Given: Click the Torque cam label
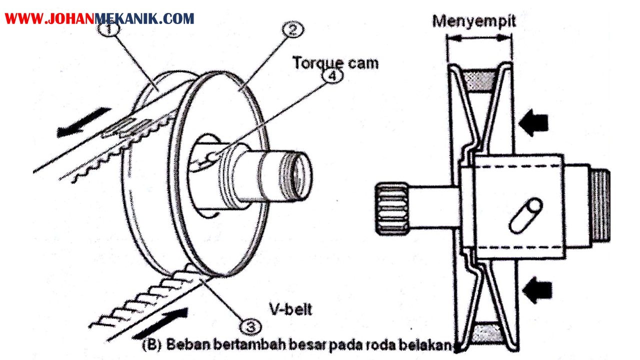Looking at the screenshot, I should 335,63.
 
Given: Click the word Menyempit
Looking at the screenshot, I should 473,21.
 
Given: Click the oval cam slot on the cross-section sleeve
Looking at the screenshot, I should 525,215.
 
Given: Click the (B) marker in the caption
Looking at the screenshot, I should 151,344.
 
